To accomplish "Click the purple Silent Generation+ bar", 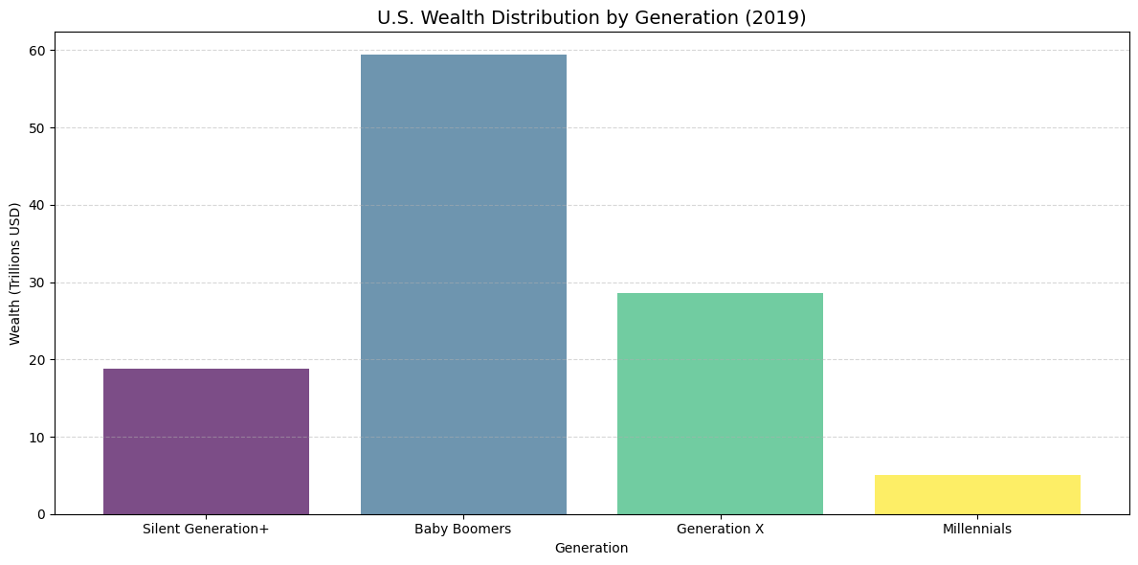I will pyautogui.click(x=206, y=441).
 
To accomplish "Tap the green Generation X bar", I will pyautogui.click(x=720, y=403).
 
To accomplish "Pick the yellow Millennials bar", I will pyautogui.click(x=977, y=494).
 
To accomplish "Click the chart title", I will pyautogui.click(x=591, y=17).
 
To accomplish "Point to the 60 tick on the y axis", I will pyautogui.click(x=38, y=51).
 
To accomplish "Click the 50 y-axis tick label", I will pyautogui.click(x=38, y=128).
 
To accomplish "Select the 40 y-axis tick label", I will pyautogui.click(x=38, y=205).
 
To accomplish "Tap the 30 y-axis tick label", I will pyautogui.click(x=38, y=282).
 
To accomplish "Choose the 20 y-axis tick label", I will pyautogui.click(x=38, y=360).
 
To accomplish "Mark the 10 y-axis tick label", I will pyautogui.click(x=38, y=438).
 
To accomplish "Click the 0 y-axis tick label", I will pyautogui.click(x=42, y=514).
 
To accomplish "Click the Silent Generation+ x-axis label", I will pyautogui.click(x=206, y=529).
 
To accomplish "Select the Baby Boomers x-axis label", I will pyautogui.click(x=463, y=529).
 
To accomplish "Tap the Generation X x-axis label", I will pyautogui.click(x=720, y=529).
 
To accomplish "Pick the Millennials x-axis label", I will pyautogui.click(x=977, y=529).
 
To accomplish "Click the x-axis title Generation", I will pyautogui.click(x=591, y=548).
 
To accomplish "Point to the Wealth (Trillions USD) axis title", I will pyautogui.click(x=15, y=273).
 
